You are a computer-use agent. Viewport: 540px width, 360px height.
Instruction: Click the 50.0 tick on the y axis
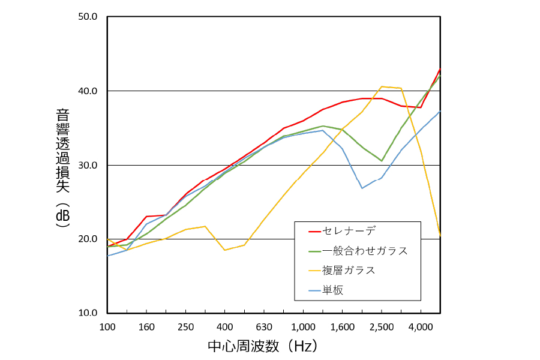[x=88, y=17]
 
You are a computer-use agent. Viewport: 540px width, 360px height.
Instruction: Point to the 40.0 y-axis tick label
[x=88, y=91]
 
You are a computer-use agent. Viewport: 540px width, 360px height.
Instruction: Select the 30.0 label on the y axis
[x=88, y=165]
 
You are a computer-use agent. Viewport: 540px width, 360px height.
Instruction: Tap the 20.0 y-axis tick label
[x=88, y=239]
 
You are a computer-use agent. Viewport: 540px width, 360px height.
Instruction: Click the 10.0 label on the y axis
[x=88, y=313]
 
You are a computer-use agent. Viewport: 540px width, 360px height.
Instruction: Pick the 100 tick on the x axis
[x=107, y=327]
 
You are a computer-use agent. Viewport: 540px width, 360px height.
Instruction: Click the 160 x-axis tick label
[x=146, y=327]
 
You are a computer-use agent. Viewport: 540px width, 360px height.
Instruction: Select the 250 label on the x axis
[x=185, y=327]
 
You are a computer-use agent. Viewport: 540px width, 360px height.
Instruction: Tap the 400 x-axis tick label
[x=224, y=327]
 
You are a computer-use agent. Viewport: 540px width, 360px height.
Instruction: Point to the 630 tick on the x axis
[x=264, y=327]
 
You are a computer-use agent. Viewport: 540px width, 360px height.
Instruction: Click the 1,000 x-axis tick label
[x=303, y=327]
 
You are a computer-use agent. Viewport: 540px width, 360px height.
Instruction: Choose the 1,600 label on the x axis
[x=342, y=327]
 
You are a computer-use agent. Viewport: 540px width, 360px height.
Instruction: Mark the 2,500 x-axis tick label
[x=381, y=327]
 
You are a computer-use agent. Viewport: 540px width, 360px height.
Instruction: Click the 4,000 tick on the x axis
[x=420, y=327]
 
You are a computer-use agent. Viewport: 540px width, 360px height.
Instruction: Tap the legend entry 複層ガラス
[x=349, y=271]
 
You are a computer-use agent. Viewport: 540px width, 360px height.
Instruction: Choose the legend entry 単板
[x=332, y=290]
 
